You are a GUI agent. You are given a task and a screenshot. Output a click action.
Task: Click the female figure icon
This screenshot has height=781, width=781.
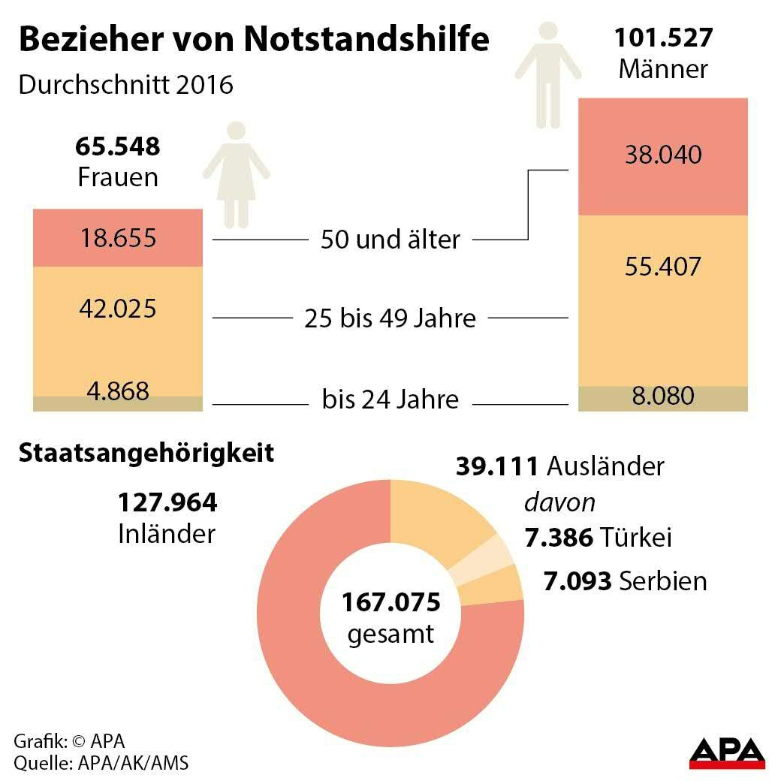236,173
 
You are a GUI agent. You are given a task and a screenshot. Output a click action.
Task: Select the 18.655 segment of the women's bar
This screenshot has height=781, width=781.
118,238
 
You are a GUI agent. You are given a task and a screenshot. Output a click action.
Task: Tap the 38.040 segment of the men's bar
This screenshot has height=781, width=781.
662,155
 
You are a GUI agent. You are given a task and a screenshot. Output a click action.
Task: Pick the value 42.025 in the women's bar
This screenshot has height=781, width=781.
118,308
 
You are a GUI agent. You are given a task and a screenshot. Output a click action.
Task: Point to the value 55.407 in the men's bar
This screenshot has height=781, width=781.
662,267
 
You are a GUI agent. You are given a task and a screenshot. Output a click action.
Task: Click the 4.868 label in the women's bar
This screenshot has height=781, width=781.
118,391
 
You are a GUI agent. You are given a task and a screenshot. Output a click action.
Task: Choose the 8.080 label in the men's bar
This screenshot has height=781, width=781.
662,396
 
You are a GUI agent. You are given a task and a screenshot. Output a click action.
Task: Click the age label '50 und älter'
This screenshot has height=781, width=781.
390,240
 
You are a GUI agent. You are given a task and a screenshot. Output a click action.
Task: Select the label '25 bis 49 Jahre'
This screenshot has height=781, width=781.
390,318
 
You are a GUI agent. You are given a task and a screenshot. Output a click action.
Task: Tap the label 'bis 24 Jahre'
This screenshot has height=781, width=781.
390,399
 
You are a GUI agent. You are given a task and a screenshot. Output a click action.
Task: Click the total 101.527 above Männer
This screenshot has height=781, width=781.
663,38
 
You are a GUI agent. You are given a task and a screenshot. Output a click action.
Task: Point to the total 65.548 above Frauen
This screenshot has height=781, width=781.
118,146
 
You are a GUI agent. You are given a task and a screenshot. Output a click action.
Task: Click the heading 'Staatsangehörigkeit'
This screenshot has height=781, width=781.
146,454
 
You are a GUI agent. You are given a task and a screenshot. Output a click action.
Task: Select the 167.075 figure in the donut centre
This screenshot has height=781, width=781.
390,602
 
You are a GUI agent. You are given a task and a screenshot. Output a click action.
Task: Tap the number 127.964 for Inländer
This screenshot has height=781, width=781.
167,502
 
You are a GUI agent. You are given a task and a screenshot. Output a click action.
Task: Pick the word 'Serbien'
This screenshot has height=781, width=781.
663,580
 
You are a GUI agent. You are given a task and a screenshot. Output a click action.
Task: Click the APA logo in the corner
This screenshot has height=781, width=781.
727,752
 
